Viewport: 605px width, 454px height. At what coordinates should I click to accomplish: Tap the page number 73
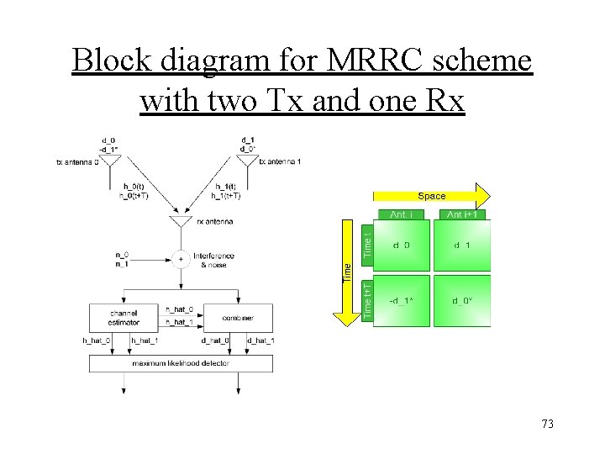coord(547,424)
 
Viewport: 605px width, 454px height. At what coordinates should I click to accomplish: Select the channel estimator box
coord(123,317)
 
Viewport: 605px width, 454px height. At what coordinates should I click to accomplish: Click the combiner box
coord(239,318)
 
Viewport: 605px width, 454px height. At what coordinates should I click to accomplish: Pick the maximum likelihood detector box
coord(181,363)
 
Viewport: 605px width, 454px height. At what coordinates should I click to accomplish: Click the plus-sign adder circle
coord(180,260)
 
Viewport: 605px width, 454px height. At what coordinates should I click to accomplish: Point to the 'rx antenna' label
coord(214,222)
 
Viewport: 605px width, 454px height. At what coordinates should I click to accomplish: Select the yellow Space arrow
coord(432,195)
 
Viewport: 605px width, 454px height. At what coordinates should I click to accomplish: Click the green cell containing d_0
coord(401,245)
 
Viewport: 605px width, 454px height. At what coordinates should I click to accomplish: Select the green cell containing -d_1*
coord(401,300)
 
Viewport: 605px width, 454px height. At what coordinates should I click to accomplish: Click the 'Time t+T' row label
coord(367,299)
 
